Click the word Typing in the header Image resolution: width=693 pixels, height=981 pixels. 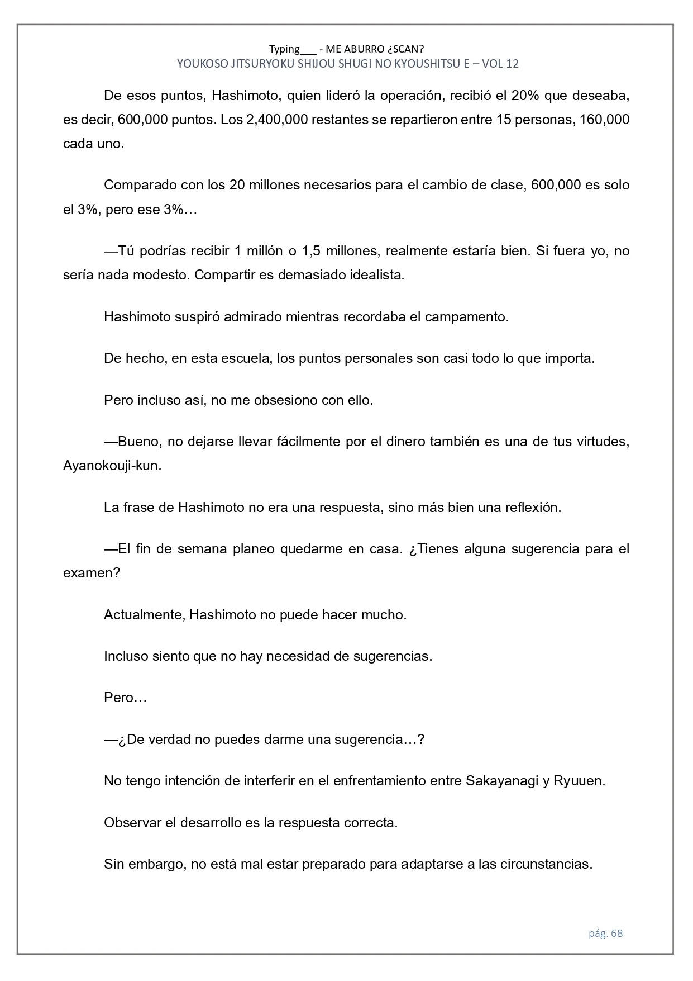[284, 49]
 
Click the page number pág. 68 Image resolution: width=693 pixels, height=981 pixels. [605, 933]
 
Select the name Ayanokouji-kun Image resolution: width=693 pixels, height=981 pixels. [112, 466]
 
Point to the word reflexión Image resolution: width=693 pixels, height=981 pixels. [533, 508]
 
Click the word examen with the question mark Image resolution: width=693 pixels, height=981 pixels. [92, 574]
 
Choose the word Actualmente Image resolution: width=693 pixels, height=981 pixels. [144, 615]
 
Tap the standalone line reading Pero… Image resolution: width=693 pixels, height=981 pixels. [125, 698]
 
